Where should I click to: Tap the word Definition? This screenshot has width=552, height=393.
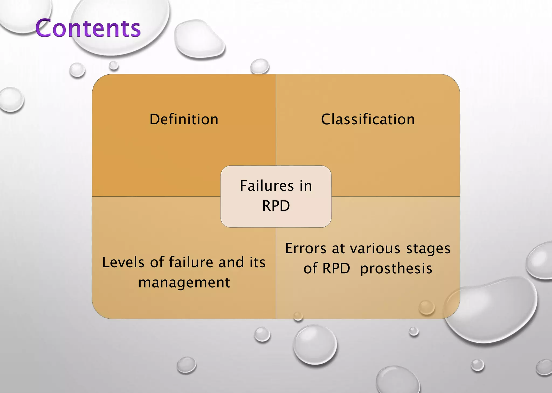point(184,119)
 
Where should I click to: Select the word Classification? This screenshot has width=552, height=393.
point(368,119)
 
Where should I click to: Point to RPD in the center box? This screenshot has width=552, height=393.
point(276,206)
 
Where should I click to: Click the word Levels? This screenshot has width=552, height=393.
point(123,262)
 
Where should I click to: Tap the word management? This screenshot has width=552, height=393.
point(184,282)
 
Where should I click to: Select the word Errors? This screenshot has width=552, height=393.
point(306,248)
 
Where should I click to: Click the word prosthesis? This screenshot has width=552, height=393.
point(396,268)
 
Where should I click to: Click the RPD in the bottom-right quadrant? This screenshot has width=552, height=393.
point(336,268)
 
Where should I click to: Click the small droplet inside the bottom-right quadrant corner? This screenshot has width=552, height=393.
point(426,307)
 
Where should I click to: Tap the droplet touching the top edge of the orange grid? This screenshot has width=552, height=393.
point(260,66)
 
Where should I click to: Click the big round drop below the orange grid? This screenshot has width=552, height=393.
point(315,345)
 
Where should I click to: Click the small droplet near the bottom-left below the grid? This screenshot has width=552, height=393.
point(186,365)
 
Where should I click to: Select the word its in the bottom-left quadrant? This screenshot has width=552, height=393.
point(257,262)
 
